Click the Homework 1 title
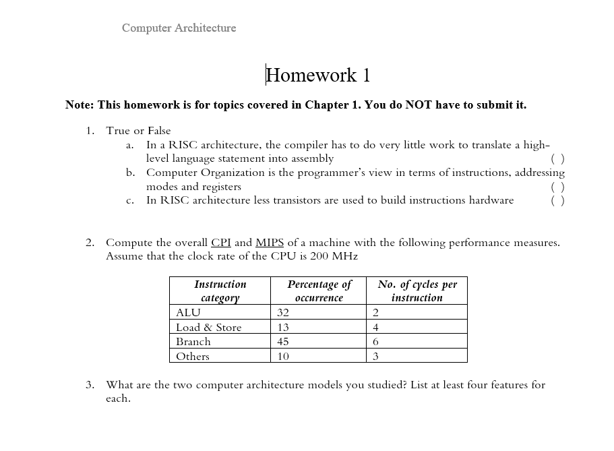coord(318,75)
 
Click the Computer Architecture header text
coord(179,28)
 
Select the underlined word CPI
coord(221,243)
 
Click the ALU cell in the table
coord(188,313)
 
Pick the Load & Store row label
coord(208,328)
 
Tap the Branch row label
coord(193,342)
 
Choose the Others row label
coord(192,357)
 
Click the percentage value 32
coord(283,313)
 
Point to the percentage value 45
coord(283,342)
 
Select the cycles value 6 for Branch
coord(375,342)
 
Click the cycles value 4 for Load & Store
coord(375,328)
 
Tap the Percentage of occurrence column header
coord(319,291)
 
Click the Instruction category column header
coord(220,291)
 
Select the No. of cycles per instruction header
coord(417,291)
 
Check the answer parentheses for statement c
coord(557,200)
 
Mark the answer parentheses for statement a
coord(557,159)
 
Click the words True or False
coord(138,131)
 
